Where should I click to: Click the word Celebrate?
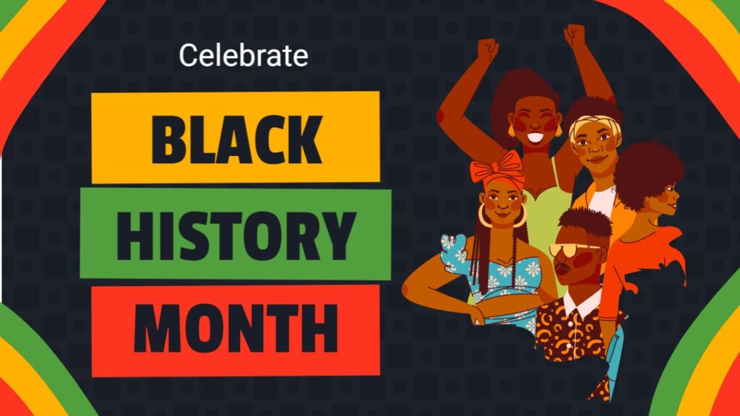(x=244, y=55)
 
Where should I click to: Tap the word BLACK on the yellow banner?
(x=236, y=140)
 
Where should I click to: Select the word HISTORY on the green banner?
(x=236, y=235)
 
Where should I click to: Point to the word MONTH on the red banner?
(x=236, y=329)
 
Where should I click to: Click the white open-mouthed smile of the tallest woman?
(x=535, y=137)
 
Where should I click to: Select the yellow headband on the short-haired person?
(x=594, y=124)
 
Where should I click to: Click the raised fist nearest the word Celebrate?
(x=487, y=50)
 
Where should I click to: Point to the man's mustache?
(x=562, y=267)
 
